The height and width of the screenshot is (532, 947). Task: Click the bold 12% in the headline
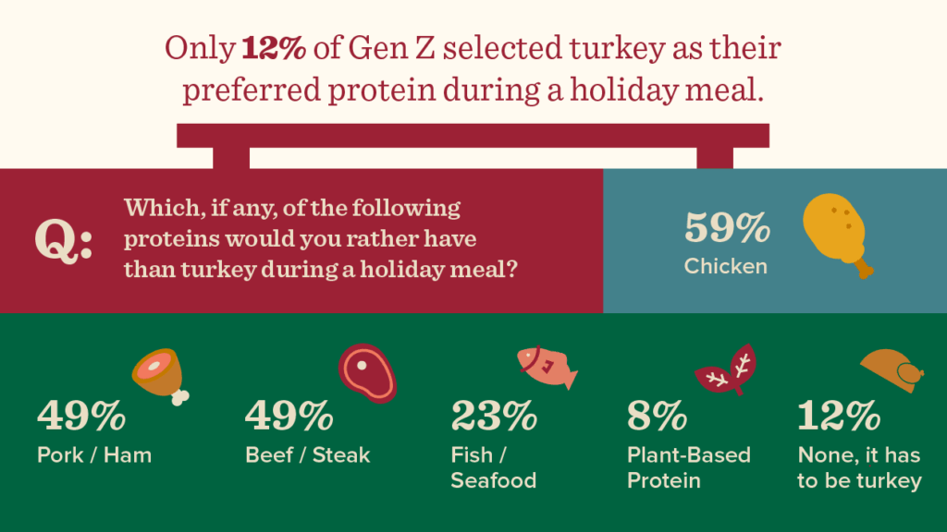tap(274, 49)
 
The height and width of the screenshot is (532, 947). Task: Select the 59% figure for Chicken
tap(727, 228)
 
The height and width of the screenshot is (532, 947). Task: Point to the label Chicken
tap(726, 267)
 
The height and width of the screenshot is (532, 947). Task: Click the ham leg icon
tap(161, 377)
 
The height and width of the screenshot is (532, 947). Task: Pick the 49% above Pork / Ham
tap(81, 417)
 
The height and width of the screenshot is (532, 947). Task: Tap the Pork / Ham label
tap(94, 455)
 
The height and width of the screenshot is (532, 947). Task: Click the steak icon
tap(366, 371)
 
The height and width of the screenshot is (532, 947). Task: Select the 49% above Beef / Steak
tap(289, 417)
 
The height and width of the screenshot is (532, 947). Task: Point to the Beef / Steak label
tap(307, 455)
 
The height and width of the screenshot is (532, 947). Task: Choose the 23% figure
tap(494, 417)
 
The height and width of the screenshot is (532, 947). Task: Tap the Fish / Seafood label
tap(493, 468)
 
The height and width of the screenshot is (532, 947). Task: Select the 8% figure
tap(657, 417)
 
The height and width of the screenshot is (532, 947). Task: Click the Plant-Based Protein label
tap(688, 468)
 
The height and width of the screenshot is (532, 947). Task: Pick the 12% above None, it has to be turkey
tap(839, 417)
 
